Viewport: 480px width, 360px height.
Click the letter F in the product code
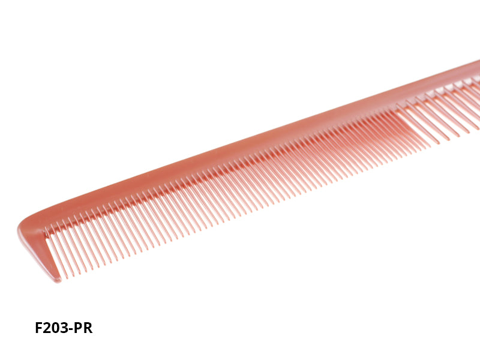(39, 329)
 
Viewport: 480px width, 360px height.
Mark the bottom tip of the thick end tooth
(58, 280)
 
